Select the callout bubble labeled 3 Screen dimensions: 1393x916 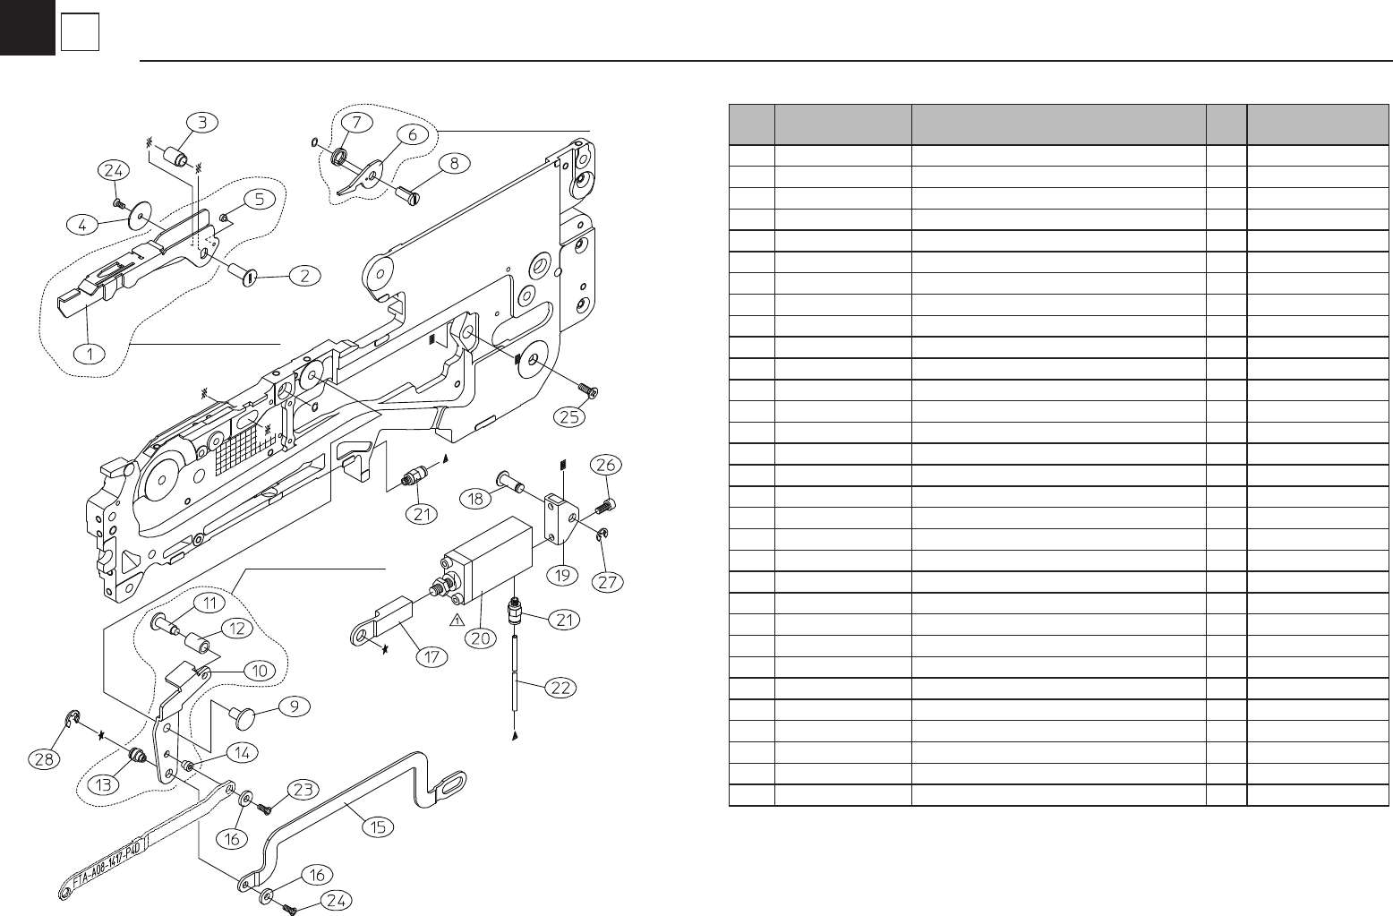pyautogui.click(x=202, y=122)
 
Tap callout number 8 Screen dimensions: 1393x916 pyautogui.click(x=455, y=163)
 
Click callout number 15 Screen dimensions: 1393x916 pyautogui.click(x=379, y=826)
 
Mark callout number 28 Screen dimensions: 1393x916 pyautogui.click(x=45, y=761)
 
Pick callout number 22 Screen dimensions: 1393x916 pyautogui.click(x=561, y=689)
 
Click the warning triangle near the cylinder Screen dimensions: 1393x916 pyautogui.click(x=457, y=620)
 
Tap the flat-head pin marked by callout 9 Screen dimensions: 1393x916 pyautogui.click(x=244, y=715)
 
